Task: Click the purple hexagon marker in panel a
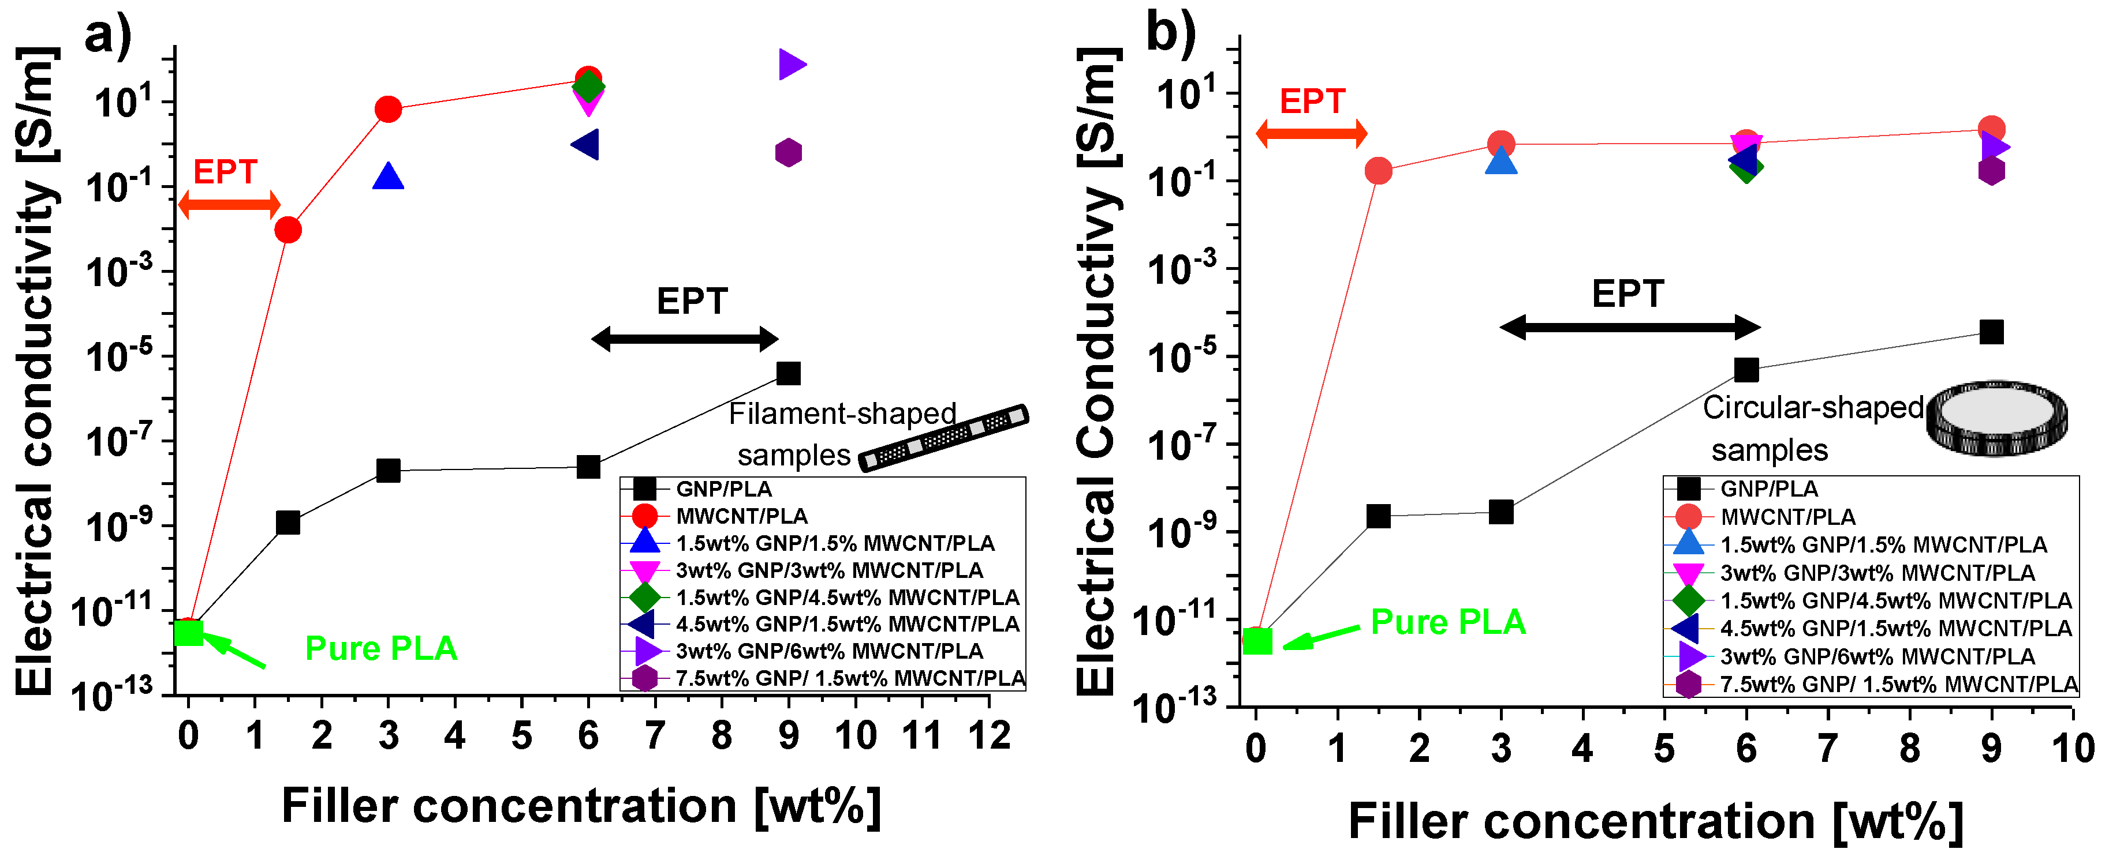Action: pos(787,152)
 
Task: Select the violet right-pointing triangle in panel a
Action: pos(791,64)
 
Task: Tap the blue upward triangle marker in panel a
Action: pos(388,176)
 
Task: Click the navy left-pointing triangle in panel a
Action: pos(586,145)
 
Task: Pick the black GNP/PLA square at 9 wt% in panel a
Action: pos(787,373)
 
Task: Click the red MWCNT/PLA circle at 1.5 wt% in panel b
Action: pos(1379,171)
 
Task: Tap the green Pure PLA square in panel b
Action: pos(1257,641)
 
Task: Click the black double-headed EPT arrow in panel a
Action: pos(685,338)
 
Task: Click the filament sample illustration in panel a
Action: pos(943,438)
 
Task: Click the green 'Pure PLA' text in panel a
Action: pos(380,649)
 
